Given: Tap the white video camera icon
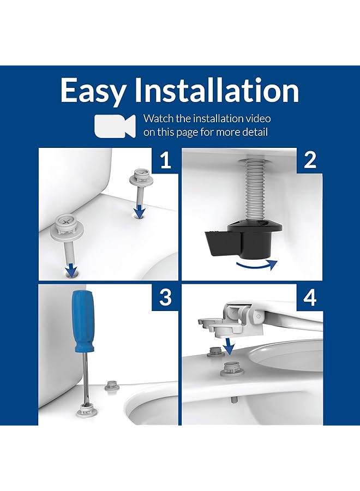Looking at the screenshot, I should point(115,126).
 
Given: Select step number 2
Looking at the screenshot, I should point(309,160).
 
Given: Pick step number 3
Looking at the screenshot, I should point(165,297).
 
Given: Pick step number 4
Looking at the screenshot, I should point(309,297).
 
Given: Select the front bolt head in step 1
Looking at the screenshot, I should point(64,225).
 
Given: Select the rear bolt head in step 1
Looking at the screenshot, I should point(139,177).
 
